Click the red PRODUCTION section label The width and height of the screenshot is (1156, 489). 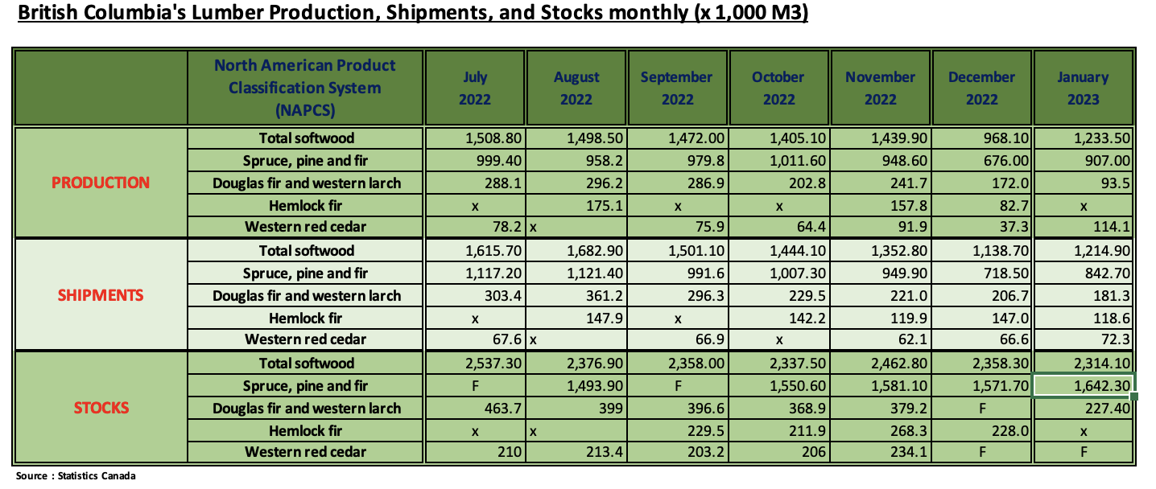tap(101, 183)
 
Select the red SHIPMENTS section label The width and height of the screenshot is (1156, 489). tap(101, 295)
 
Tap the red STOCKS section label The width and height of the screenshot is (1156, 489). tap(101, 408)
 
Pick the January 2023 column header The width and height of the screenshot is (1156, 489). tap(1083, 88)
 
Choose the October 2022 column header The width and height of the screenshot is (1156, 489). tap(778, 88)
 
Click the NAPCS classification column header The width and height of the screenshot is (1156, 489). tap(305, 88)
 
